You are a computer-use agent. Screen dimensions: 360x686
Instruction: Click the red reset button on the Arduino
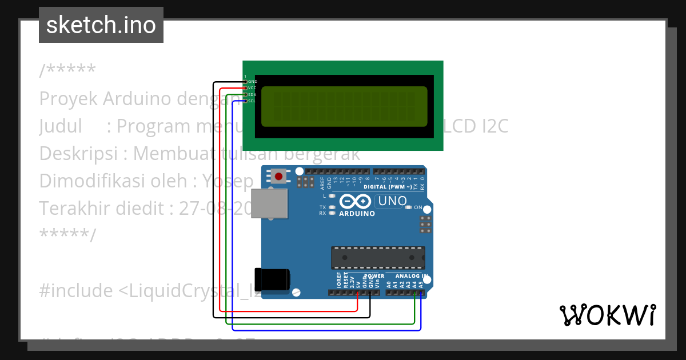278,177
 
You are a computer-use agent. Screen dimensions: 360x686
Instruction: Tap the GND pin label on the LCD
252,82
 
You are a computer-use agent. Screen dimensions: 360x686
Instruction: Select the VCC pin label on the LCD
252,88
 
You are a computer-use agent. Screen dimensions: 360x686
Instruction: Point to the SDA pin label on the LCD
252,94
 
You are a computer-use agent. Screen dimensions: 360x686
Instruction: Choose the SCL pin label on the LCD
252,101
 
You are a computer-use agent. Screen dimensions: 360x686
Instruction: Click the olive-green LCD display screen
344,106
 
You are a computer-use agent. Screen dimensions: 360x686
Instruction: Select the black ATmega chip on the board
378,257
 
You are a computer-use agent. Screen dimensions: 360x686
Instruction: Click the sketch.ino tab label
101,25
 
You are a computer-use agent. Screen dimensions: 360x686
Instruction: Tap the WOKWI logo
607,315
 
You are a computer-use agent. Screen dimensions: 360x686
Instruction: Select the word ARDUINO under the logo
357,214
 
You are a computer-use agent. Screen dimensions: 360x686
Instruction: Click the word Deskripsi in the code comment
82,154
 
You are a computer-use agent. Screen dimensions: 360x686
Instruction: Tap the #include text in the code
76,291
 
